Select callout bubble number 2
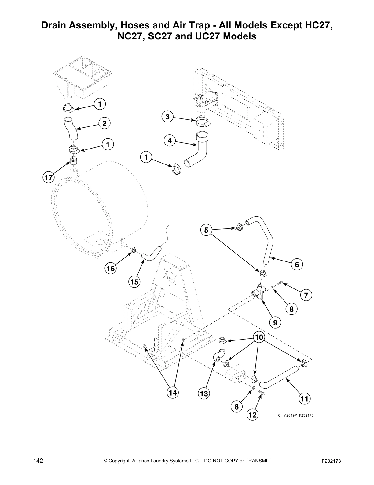[x=104, y=123]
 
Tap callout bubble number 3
[x=167, y=117]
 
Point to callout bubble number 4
[x=170, y=141]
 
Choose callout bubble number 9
[x=275, y=322]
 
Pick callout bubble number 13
[x=204, y=393]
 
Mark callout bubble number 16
[x=111, y=269]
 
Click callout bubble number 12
[x=253, y=415]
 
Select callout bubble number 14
[x=173, y=393]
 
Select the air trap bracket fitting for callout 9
[x=258, y=294]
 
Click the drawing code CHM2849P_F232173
[x=295, y=415]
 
